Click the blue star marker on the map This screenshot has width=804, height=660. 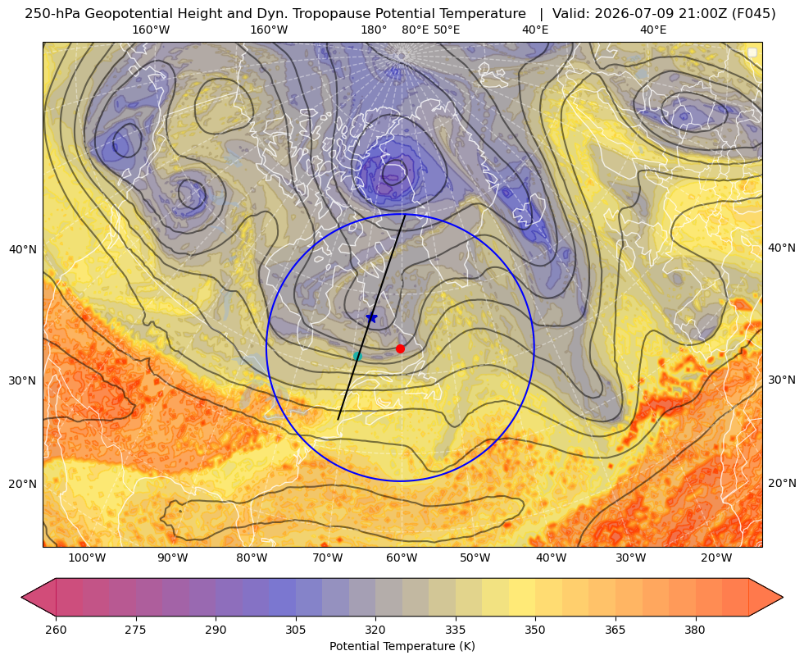[x=372, y=318]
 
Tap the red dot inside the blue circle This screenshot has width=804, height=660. [x=401, y=348]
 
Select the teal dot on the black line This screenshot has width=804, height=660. [x=357, y=356]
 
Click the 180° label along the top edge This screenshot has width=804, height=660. [x=374, y=30]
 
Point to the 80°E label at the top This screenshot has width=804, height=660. [x=415, y=30]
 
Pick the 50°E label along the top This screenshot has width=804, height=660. [x=447, y=30]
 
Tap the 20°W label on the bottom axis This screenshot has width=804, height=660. [x=716, y=558]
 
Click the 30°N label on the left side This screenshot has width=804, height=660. [x=23, y=381]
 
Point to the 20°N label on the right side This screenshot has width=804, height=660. [x=782, y=483]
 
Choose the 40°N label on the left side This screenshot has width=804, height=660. [x=23, y=250]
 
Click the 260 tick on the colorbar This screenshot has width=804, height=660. [x=56, y=630]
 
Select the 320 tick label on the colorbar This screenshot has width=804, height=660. [x=375, y=630]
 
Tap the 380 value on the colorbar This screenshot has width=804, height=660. [x=695, y=630]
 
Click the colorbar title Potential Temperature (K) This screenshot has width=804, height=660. [x=402, y=646]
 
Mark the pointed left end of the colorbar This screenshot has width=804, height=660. [x=21, y=597]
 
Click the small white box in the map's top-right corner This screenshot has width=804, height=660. [x=752, y=52]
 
